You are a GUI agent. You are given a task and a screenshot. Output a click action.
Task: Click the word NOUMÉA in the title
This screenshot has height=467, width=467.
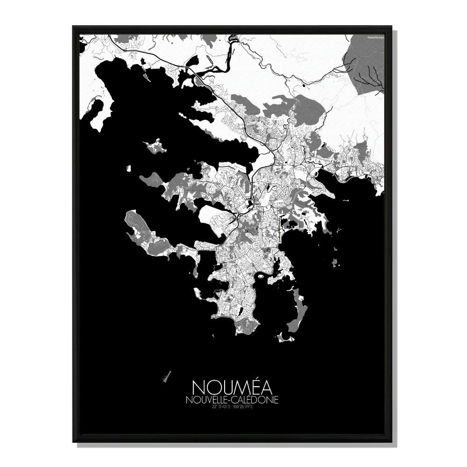(x=233, y=387)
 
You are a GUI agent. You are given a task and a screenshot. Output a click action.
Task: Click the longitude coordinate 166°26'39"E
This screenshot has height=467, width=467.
(x=242, y=407)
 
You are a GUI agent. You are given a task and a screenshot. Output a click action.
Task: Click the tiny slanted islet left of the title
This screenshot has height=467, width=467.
(x=167, y=376)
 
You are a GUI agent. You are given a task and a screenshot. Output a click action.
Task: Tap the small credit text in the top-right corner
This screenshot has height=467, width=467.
(x=375, y=37)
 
